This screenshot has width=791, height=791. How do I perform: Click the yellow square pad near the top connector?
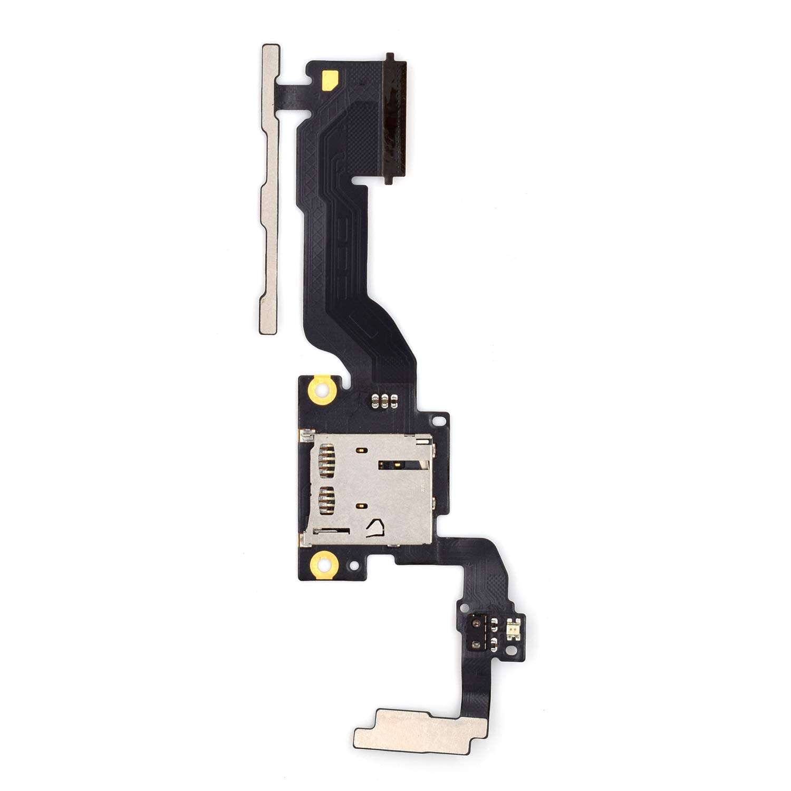tap(330, 79)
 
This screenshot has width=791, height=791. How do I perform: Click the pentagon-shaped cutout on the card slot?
tap(377, 527)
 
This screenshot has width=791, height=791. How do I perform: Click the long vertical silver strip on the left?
tap(270, 190)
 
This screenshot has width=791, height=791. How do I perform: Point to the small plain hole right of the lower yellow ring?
tap(354, 565)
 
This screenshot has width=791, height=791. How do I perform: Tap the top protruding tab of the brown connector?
tap(390, 56)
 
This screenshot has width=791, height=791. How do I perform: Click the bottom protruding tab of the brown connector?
tap(390, 181)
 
